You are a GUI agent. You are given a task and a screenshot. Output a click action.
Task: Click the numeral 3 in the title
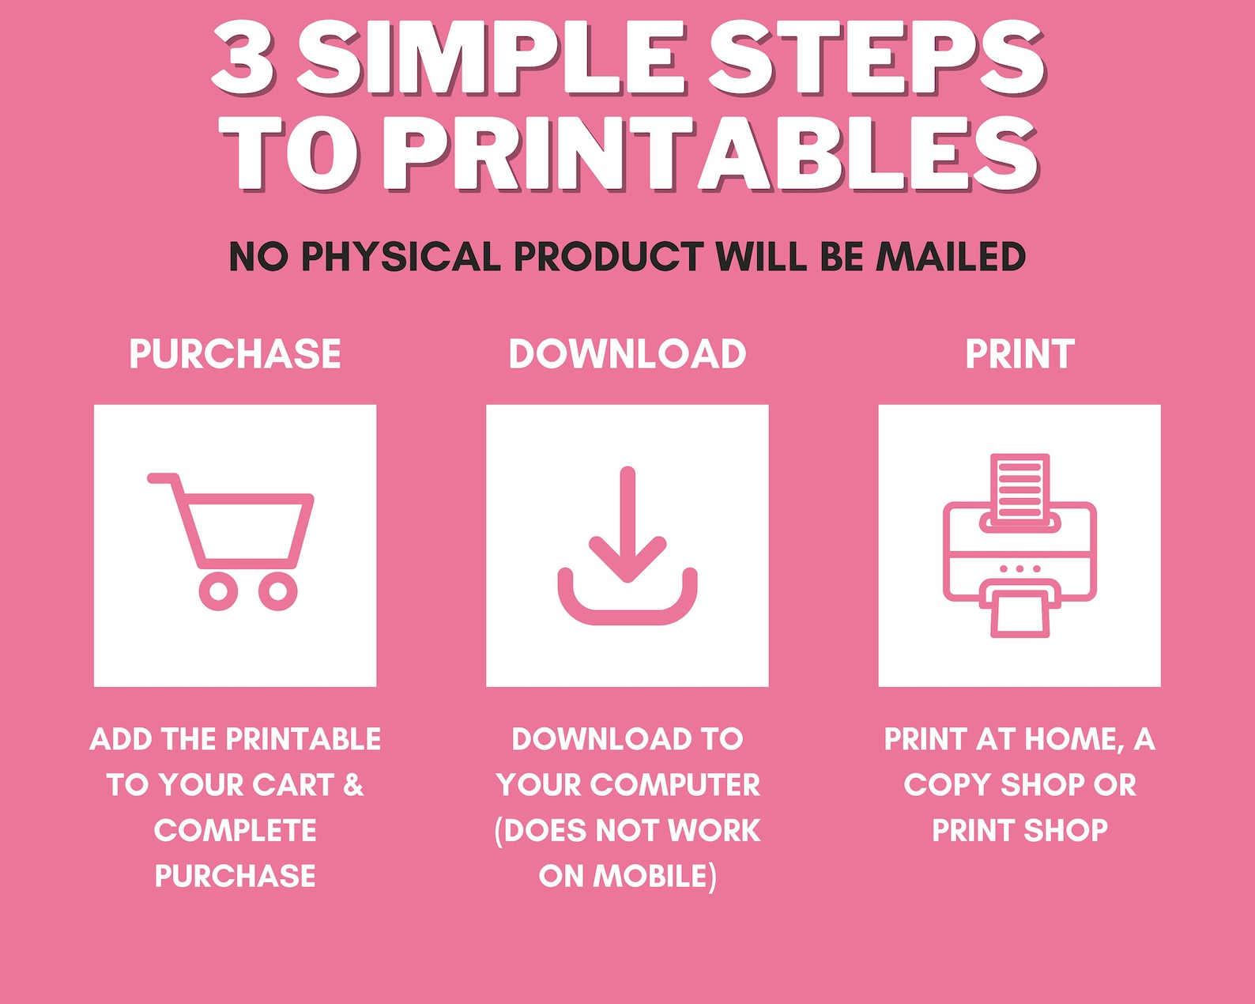[x=243, y=57]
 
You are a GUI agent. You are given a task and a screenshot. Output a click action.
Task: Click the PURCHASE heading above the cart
[x=235, y=353]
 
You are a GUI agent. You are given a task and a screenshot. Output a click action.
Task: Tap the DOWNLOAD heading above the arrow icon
[x=627, y=353]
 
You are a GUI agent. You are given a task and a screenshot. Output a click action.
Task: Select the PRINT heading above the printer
[x=1019, y=353]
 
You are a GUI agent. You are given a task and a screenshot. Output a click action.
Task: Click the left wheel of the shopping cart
[x=218, y=591]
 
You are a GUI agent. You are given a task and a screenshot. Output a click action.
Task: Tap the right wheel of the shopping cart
[x=277, y=591]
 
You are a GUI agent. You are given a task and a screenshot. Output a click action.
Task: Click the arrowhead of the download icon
[x=627, y=561]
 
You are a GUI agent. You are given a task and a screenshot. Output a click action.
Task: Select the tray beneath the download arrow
[x=627, y=605]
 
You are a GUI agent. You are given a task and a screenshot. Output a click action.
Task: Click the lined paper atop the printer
[x=1019, y=486]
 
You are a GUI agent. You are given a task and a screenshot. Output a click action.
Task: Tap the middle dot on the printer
[x=1019, y=568]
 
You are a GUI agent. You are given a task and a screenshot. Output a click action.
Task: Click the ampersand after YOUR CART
[x=353, y=785]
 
